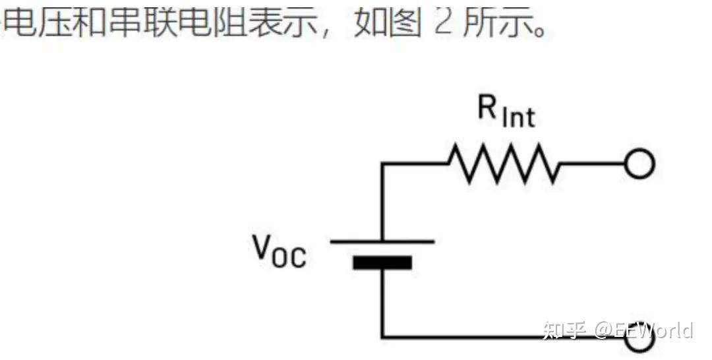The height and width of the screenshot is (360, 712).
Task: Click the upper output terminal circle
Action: pyautogui.click(x=639, y=164)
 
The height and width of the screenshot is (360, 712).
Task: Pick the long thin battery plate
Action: pyautogui.click(x=382, y=241)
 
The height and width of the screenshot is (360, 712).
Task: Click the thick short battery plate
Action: pyautogui.click(x=382, y=263)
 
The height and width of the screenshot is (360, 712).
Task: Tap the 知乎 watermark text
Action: pyautogui.click(x=564, y=330)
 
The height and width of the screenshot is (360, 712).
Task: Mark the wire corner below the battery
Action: pyautogui.click(x=382, y=337)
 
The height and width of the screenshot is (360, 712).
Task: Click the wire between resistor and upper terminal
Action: pyautogui.click(x=592, y=164)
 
